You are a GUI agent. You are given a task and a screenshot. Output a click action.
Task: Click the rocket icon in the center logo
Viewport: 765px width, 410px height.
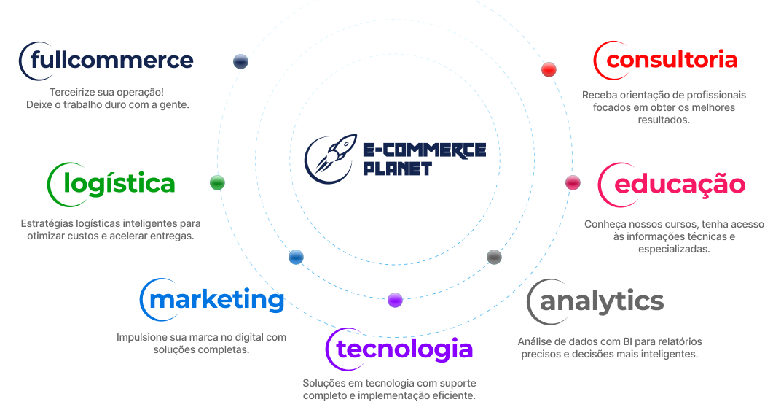pos(331,154)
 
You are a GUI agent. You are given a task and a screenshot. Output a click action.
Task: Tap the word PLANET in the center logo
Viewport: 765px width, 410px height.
pos(398,169)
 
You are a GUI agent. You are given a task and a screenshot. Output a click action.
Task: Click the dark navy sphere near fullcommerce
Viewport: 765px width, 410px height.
pos(241,62)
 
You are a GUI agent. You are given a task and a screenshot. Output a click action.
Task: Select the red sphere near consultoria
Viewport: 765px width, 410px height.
pos(549,69)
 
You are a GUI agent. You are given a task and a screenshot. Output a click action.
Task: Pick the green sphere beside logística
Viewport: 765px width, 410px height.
pos(217,182)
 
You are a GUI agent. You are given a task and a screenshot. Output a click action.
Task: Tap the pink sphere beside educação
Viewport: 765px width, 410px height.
pos(573,182)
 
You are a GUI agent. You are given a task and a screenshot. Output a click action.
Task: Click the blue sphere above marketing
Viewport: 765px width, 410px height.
pos(296,257)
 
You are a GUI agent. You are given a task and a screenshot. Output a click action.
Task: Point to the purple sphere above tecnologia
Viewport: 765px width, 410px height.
pos(395,299)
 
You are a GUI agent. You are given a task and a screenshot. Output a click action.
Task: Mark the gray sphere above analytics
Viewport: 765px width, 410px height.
pos(494,257)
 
